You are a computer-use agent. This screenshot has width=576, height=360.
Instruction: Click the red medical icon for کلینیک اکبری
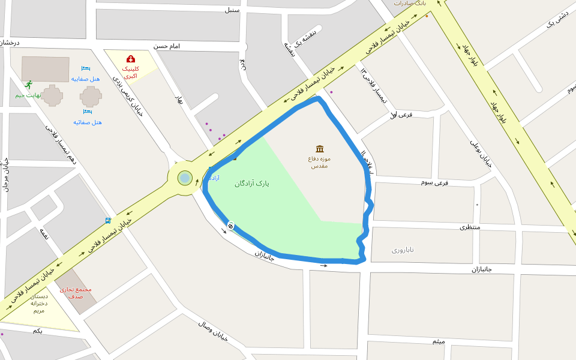tap(130, 59)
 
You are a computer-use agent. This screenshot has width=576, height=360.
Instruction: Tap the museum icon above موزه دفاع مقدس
tap(320, 149)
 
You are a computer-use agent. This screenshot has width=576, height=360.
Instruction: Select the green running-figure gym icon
tap(28, 85)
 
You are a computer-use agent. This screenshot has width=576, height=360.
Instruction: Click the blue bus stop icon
tap(107, 221)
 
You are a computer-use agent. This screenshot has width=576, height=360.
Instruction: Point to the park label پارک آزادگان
tap(252, 184)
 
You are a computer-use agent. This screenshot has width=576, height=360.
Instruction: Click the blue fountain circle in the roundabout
tap(185, 178)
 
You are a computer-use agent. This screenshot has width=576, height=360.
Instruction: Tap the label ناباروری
tap(403, 249)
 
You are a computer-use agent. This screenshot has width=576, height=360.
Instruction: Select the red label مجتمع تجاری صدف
tap(76, 293)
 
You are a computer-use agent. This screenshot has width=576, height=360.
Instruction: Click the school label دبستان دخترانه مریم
tap(39, 303)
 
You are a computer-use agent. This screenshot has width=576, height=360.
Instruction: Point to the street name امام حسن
tap(167, 46)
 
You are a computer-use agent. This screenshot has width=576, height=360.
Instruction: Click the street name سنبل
tap(232, 10)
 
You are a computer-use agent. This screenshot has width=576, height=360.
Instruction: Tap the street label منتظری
tap(471, 227)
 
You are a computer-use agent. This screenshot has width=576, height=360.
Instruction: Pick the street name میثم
tap(439, 341)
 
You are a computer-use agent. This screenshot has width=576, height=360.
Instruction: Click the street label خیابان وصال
tap(214, 331)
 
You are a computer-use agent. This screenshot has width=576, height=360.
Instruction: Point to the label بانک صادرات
tap(410, 3)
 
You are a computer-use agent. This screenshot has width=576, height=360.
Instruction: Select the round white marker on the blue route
tap(230, 225)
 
